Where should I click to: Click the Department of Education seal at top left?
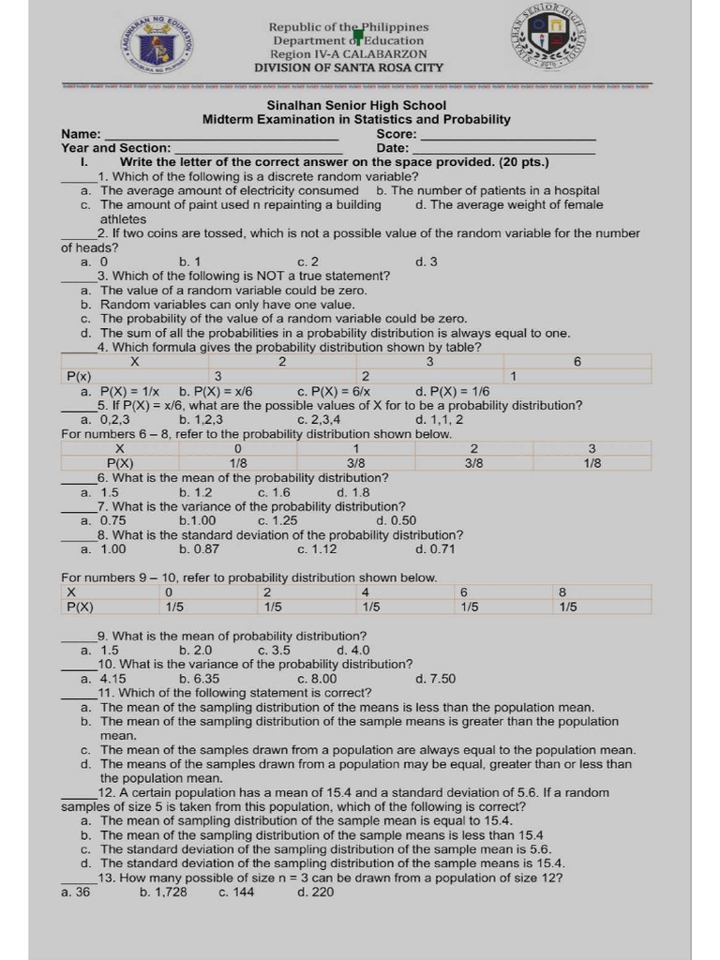154,44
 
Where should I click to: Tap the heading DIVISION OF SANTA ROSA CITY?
349,67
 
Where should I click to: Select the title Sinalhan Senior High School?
356,106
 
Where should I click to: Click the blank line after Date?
503,149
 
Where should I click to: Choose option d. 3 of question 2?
426,262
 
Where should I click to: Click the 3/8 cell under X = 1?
356,463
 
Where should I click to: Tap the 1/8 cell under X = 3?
592,463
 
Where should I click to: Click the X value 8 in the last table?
562,592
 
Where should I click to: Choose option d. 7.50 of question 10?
435,679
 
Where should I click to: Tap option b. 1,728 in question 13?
163,892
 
